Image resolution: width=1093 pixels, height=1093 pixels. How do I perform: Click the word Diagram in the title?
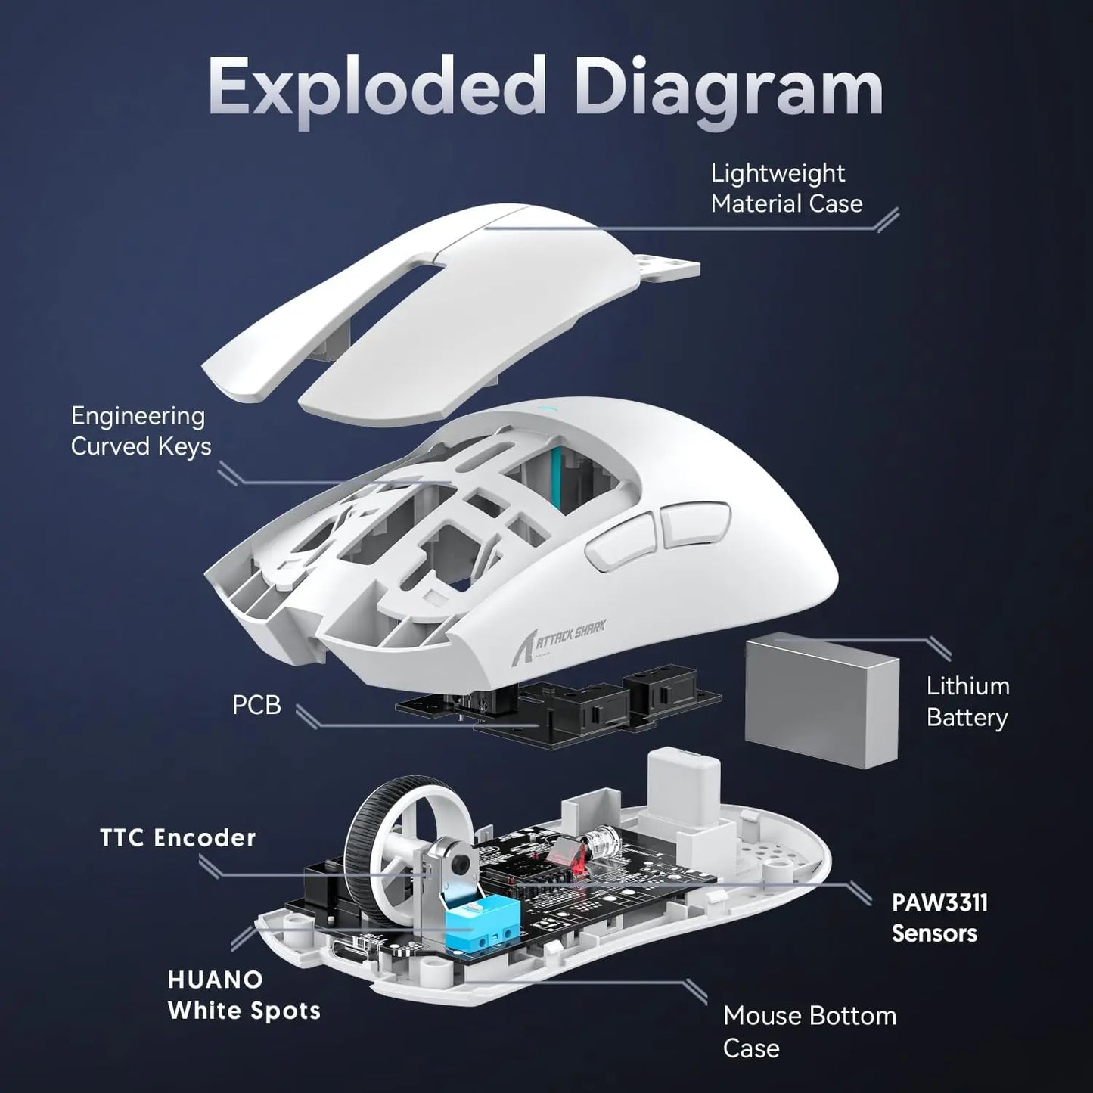click(x=729, y=91)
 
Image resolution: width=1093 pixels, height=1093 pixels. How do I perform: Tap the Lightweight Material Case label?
click(x=786, y=188)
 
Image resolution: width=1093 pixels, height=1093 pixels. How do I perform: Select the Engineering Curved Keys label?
click(x=141, y=431)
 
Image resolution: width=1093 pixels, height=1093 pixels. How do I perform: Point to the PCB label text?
click(x=256, y=705)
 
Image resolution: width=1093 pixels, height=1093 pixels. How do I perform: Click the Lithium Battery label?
click(x=967, y=701)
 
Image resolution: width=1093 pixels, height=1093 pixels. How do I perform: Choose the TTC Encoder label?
click(x=178, y=837)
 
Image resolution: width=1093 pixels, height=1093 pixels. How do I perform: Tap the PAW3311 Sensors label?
click(x=939, y=918)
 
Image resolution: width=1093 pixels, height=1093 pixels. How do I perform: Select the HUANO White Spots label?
click(x=244, y=995)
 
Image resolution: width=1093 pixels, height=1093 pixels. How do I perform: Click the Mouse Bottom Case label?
click(x=809, y=1031)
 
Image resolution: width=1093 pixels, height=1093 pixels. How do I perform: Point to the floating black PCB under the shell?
click(x=560, y=707)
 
